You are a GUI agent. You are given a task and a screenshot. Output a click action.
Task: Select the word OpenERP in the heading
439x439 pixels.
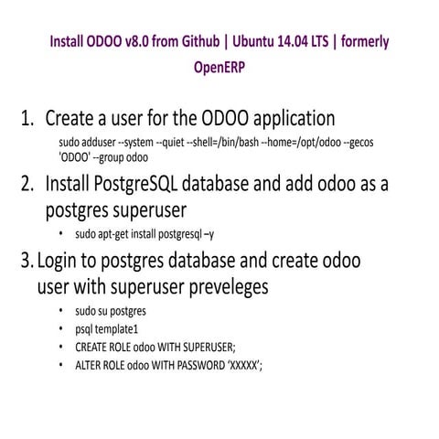point(219,67)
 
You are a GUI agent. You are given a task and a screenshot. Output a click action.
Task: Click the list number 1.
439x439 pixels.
point(27,119)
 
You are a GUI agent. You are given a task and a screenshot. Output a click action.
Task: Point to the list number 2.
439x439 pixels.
point(27,184)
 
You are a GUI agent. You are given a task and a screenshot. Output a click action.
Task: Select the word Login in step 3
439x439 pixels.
point(59,261)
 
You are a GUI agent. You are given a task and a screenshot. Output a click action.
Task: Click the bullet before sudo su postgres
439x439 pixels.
point(60,311)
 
